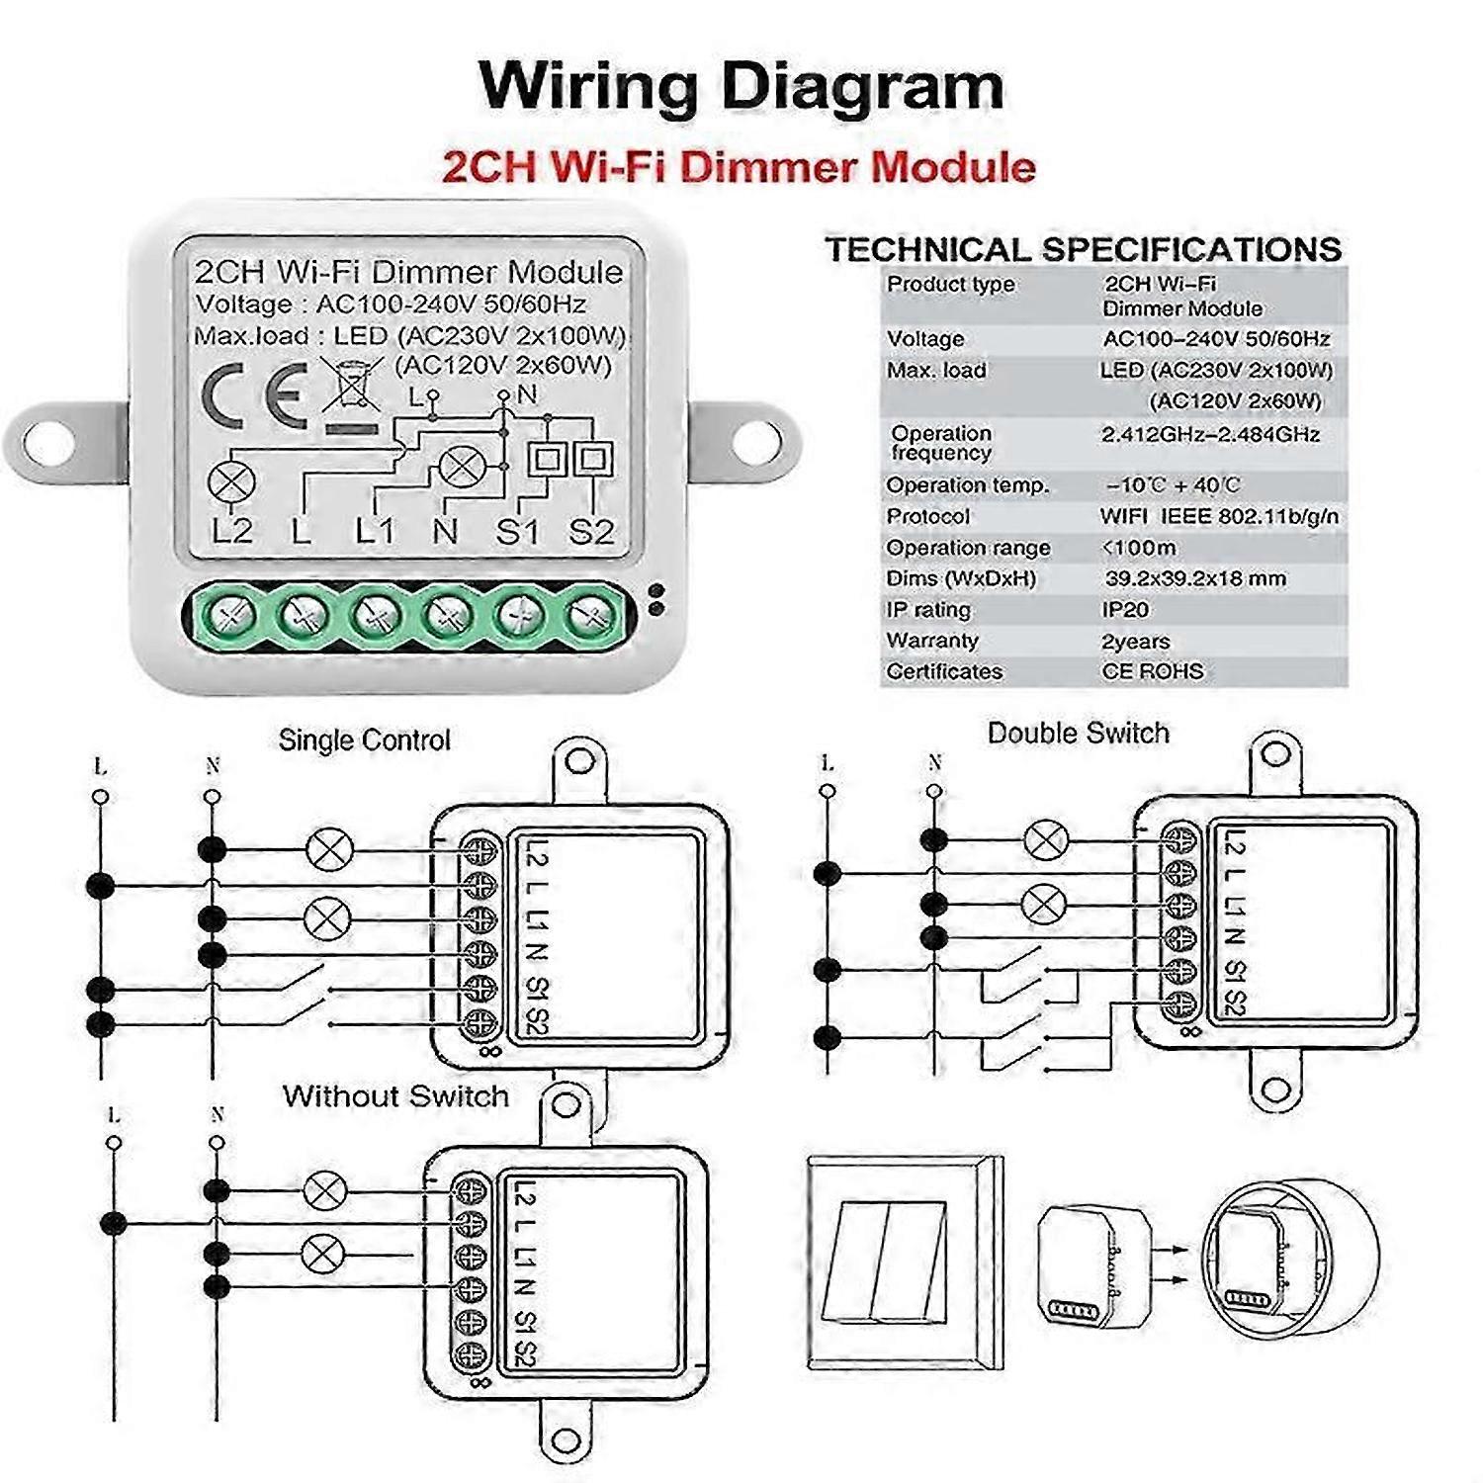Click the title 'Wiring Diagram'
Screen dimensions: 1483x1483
click(x=741, y=86)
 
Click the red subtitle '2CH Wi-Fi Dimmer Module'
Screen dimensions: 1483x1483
click(x=739, y=166)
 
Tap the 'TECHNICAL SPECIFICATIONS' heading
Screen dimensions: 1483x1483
click(x=1084, y=249)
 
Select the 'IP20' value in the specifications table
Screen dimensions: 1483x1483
click(x=1125, y=610)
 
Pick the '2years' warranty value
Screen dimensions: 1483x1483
click(x=1135, y=642)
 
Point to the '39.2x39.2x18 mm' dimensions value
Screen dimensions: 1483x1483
click(x=1194, y=578)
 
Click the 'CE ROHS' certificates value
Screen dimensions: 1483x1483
click(x=1153, y=672)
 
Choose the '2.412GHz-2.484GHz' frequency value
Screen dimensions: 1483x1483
click(x=1210, y=434)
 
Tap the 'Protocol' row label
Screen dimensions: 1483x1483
click(x=927, y=516)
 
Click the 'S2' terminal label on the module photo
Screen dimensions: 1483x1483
click(x=591, y=532)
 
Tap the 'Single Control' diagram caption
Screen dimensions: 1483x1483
click(x=364, y=741)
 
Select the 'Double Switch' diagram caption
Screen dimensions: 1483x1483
click(x=1078, y=734)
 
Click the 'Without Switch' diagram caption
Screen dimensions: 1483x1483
click(x=395, y=1096)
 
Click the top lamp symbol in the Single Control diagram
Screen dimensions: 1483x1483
click(x=329, y=849)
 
